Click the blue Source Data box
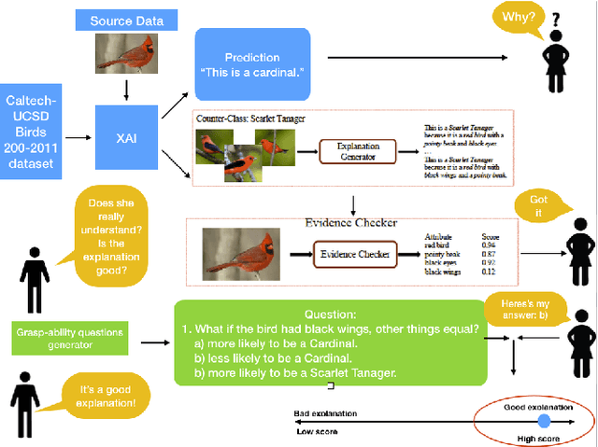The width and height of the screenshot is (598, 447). tap(126, 20)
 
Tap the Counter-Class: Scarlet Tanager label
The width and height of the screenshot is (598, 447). tap(250, 119)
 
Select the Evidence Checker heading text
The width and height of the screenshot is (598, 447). tap(350, 223)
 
